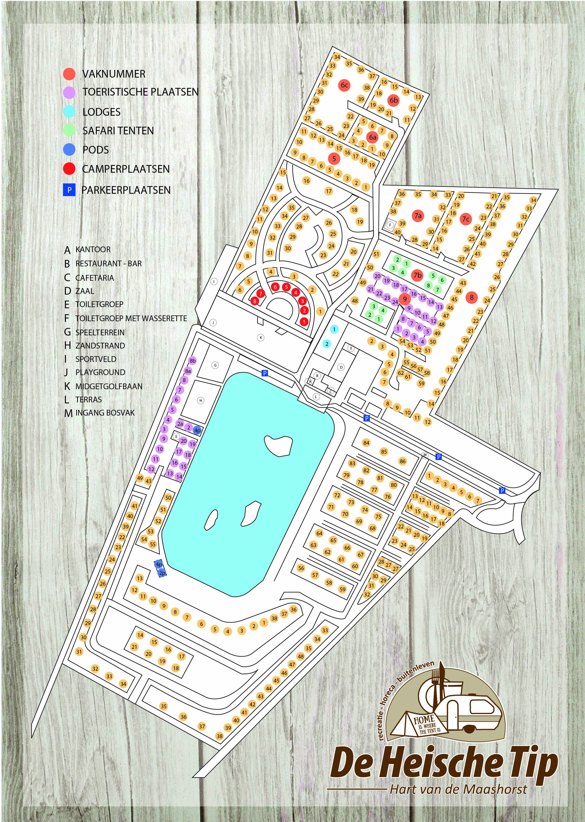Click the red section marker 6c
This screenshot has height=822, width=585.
344,85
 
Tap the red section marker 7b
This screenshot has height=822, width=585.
417,275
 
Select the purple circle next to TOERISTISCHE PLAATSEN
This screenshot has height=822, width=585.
69,92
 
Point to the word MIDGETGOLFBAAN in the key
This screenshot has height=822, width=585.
109,386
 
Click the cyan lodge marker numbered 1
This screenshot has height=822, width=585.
334,329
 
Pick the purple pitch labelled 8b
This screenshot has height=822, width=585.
193,361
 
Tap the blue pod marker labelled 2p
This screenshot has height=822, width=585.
162,573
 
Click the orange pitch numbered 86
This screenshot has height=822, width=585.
402,461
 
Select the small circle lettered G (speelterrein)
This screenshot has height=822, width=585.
215,365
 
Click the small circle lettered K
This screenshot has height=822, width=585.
261,337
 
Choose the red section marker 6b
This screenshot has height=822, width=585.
394,100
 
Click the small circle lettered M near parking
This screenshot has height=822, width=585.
425,455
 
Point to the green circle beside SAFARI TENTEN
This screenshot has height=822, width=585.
69,130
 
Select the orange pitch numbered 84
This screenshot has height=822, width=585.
366,443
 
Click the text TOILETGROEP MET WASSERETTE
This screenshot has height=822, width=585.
131,319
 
